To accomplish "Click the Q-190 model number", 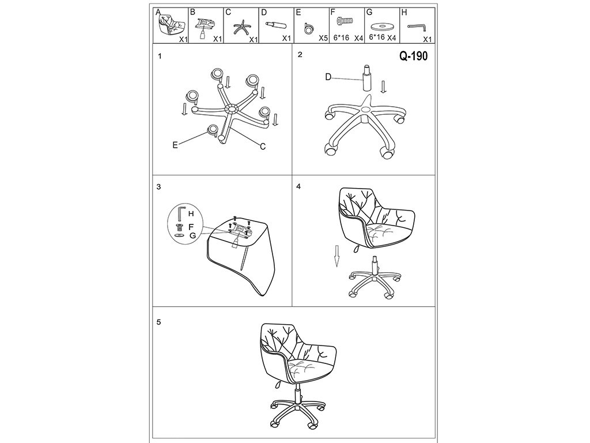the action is (413, 56).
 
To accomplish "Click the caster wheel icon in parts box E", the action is (309, 28).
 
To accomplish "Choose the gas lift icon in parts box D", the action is (276, 25).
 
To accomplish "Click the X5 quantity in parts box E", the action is (323, 38).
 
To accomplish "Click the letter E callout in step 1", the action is (175, 145).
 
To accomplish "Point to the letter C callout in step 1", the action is (263, 147).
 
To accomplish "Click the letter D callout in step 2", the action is (328, 77).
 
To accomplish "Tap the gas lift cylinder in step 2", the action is (366, 78).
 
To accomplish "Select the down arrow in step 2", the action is (383, 87).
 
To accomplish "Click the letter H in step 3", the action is (191, 213).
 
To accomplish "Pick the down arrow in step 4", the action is (338, 256).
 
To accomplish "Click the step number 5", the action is (159, 322).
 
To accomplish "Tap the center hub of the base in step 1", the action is (231, 109).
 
